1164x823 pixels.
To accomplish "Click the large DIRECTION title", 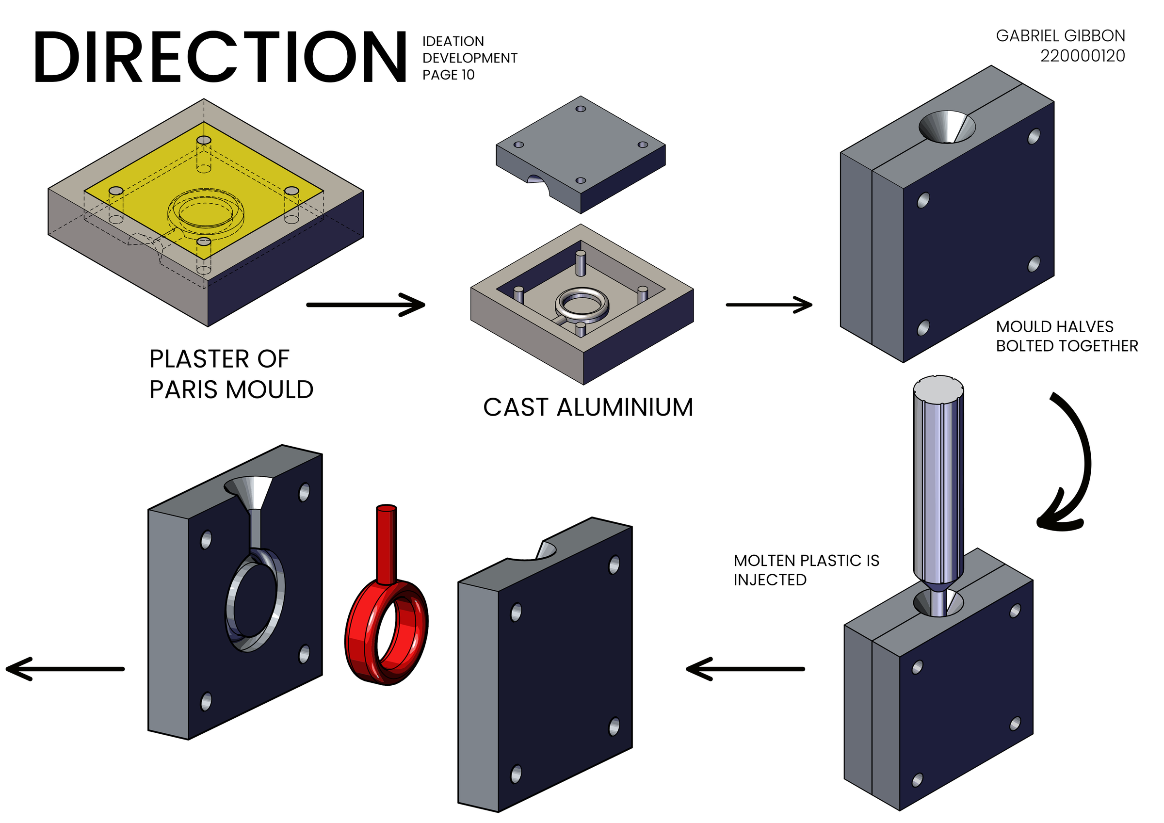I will (x=220, y=57).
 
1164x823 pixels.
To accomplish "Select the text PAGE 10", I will (x=448, y=75).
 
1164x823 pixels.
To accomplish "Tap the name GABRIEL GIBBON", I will (x=1060, y=36).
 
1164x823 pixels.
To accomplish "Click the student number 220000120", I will (x=1082, y=56).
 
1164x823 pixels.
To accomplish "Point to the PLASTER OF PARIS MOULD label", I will (x=231, y=374).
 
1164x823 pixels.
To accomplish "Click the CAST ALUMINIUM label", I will (x=587, y=408).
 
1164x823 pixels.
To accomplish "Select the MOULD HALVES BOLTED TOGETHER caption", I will (x=1066, y=336).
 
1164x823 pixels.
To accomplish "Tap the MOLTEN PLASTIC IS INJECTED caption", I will (x=806, y=570).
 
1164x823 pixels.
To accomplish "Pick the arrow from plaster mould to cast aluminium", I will (x=366, y=305).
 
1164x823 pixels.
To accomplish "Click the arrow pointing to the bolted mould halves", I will (x=769, y=305).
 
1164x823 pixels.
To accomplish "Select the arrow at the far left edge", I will (x=65, y=669).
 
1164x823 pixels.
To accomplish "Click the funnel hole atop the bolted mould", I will (x=946, y=127).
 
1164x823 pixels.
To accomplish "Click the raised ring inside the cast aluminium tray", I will (x=582, y=304).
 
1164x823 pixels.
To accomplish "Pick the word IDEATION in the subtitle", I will (x=453, y=42).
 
